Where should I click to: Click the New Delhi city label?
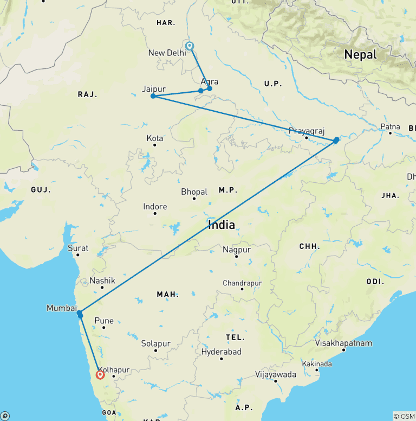coord(167,53)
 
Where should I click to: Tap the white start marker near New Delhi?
coord(190,46)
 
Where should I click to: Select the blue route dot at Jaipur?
coord(153,96)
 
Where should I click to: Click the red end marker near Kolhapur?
coord(100,374)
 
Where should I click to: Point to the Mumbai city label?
coord(61,308)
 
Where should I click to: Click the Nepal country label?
coord(360,54)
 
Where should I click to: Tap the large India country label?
coord(222,225)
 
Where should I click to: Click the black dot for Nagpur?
coord(236,256)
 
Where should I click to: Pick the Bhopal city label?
coord(194,192)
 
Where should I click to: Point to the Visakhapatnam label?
coord(343,343)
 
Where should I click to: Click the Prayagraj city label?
coord(306,131)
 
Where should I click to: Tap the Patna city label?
coord(390,126)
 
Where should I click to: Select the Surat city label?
coord(77,247)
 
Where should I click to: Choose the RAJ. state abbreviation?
coord(87,94)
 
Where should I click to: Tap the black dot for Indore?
coord(155,213)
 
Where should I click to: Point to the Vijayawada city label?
coord(276,374)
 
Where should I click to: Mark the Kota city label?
coord(155,138)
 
